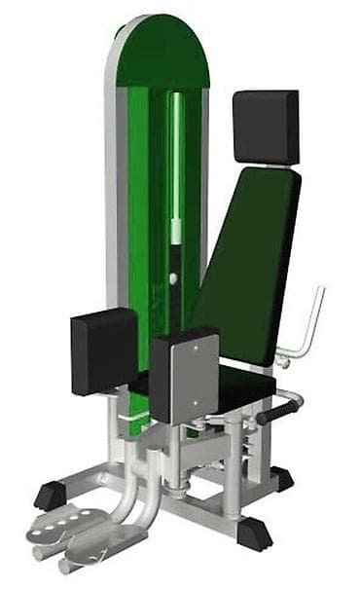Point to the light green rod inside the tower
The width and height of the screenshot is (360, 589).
pyautogui.click(x=176, y=166)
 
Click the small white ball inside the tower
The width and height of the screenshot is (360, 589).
pyautogui.click(x=173, y=278)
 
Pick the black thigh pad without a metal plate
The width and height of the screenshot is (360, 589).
pyautogui.click(x=103, y=350)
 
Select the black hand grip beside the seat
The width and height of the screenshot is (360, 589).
pyautogui.click(x=276, y=413)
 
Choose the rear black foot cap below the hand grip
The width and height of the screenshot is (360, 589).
pyautogui.click(x=281, y=479)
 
